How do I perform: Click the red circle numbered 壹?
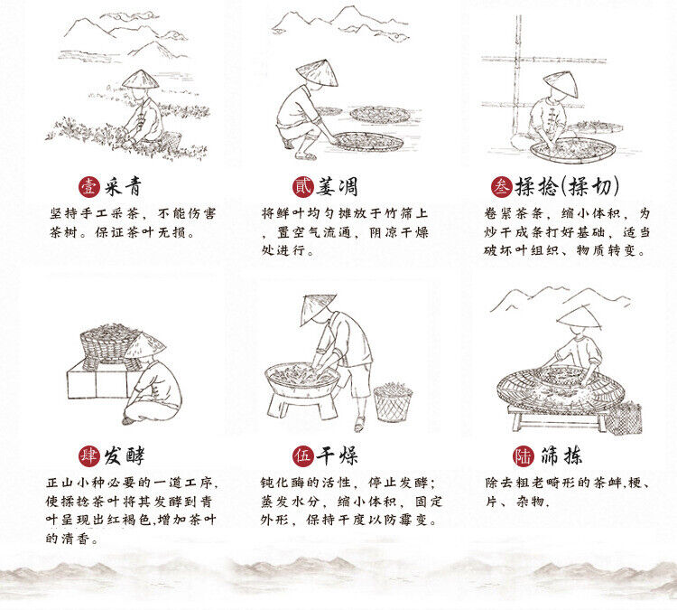89,187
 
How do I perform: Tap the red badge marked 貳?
302,187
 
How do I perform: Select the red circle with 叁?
501,187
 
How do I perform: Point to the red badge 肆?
89,456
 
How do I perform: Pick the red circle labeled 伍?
302,456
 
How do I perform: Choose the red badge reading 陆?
524,456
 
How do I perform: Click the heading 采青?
123,187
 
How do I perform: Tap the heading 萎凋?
337,187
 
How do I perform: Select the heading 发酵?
124,455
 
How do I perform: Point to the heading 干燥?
338,455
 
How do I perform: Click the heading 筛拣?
561,455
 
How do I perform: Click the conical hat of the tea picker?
140,80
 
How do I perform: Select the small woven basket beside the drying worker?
393,402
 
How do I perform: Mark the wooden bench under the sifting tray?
558,418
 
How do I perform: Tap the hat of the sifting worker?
579,316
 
